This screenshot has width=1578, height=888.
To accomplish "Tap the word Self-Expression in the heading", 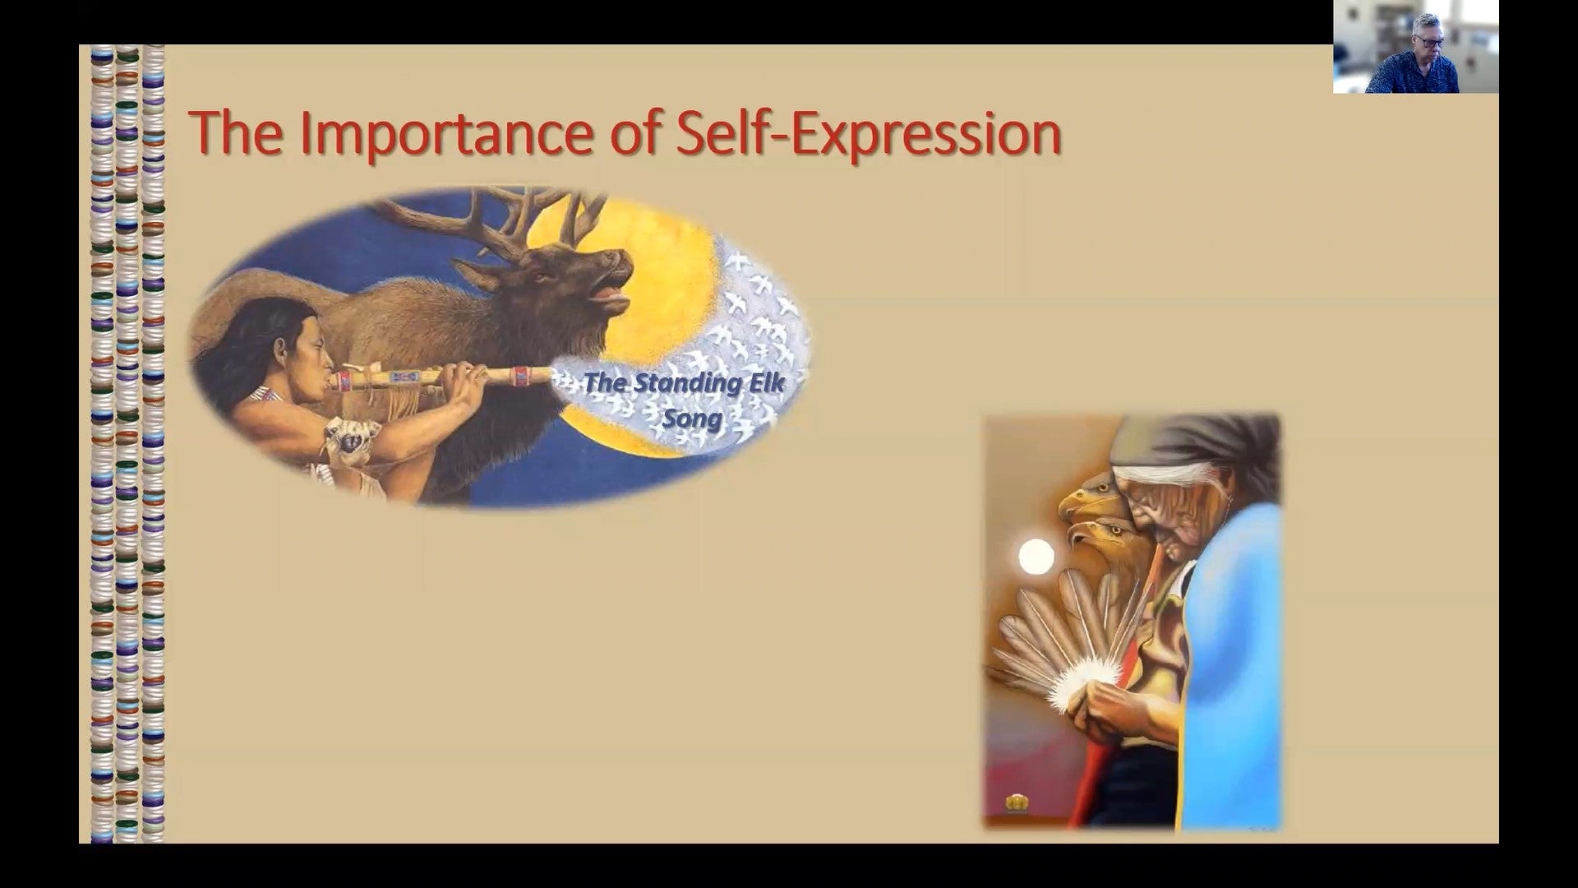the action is click(868, 133).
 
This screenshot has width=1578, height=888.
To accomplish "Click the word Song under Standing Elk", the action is click(692, 419).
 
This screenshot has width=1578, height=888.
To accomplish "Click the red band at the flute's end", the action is click(520, 376).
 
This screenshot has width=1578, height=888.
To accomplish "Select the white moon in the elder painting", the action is click(1036, 557).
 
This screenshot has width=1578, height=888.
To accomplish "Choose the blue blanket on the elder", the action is click(1233, 666).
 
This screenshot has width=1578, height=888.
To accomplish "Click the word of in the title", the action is click(634, 132).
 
